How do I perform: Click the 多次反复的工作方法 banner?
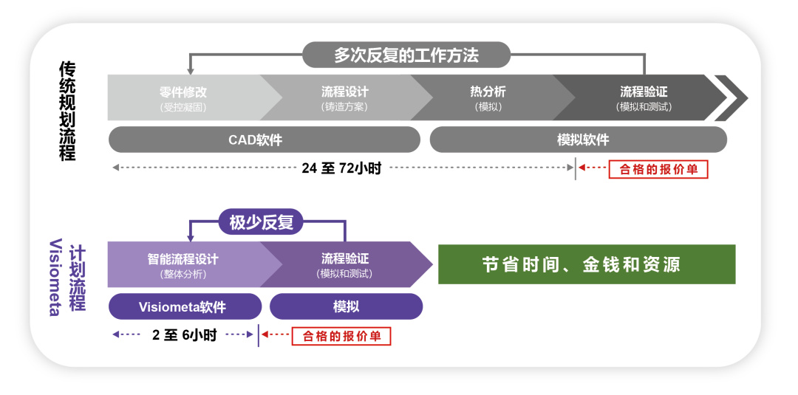pos(406,55)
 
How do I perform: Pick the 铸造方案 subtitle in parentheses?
pos(344,106)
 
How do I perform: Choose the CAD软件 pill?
pos(264,140)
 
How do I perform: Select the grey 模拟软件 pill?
pos(578,140)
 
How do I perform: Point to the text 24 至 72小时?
pos(341,168)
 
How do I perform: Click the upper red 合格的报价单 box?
pos(658,169)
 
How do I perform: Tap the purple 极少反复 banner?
pos(262,221)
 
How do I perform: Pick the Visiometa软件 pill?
pos(185,306)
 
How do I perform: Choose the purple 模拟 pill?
pos(346,306)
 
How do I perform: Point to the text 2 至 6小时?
pos(184,335)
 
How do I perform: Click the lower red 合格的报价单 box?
pos(341,336)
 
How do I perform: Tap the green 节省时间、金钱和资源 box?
pos(587,264)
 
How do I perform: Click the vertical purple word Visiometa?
pos(55,277)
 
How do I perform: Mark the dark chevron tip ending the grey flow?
pos(731,97)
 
